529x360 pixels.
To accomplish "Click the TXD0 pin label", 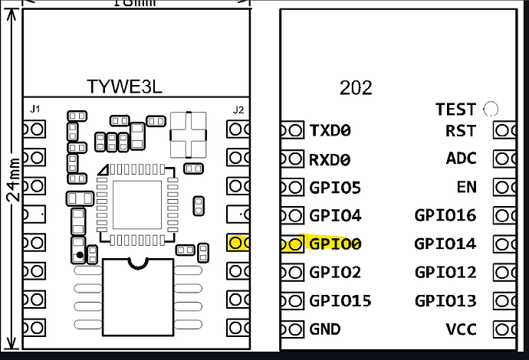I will (x=330, y=131).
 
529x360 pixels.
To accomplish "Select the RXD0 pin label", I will (x=330, y=159).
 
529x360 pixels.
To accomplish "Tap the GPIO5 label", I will (x=335, y=188).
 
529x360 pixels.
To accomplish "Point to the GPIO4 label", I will (x=335, y=216).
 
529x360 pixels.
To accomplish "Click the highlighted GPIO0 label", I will (x=335, y=244).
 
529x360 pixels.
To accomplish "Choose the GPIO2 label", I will (x=335, y=273).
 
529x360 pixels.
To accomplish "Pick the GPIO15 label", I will (x=340, y=301).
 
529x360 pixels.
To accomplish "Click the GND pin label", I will (x=326, y=329).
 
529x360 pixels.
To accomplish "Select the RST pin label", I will (x=460, y=131).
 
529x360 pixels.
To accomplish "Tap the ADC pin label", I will (x=461, y=159).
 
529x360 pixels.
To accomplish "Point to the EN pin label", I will (x=465, y=188).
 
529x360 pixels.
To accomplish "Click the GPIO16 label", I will (x=445, y=216).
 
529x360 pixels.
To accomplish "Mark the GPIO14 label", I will (x=445, y=244).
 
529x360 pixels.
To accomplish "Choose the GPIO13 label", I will (x=445, y=301).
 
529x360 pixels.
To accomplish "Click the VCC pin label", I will (x=461, y=329).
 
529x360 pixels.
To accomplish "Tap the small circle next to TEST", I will (x=491, y=109).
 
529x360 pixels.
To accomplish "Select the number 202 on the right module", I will (x=356, y=87).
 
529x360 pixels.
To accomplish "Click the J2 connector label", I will (x=238, y=110).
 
